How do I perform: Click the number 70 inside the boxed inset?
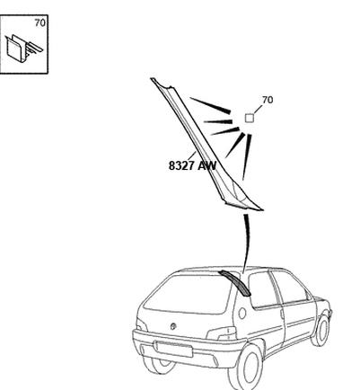(40, 22)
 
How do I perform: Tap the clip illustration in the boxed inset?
(23, 49)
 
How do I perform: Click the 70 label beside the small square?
(268, 100)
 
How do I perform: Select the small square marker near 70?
(250, 118)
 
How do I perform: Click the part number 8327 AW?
(192, 165)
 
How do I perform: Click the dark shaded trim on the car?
(235, 283)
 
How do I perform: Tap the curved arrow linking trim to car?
(246, 244)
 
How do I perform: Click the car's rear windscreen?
(187, 295)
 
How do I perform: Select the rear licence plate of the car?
(173, 349)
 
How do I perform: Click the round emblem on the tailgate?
(173, 326)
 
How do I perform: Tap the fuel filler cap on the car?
(241, 313)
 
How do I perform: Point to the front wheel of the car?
(320, 331)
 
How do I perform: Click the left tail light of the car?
(142, 325)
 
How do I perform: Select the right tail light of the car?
(222, 333)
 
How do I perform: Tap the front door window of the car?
(290, 287)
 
